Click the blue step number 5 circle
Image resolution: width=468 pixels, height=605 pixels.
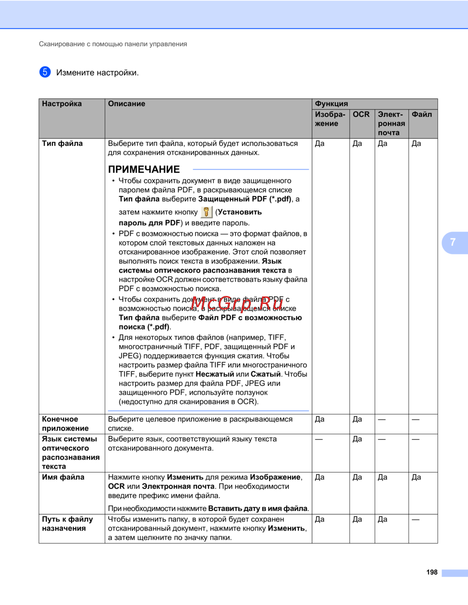pos(45,72)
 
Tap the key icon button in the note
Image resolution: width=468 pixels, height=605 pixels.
pos(206,212)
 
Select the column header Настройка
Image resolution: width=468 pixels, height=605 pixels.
pos(62,104)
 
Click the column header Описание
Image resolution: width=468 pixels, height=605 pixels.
pos(126,104)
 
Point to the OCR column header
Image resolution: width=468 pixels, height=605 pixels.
pos(361,115)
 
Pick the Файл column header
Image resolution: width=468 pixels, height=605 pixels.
pos(422,115)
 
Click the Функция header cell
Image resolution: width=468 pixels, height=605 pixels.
pos(331,104)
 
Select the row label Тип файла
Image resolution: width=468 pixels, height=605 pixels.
pos(62,144)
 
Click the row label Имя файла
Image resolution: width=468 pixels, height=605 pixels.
pos(63,477)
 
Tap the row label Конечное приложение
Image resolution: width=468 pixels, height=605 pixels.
pos(65,424)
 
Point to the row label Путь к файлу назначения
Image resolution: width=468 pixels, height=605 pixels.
pos(67,524)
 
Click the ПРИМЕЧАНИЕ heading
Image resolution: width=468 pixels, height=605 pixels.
pos(144,169)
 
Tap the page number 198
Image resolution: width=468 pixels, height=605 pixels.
pos(431,572)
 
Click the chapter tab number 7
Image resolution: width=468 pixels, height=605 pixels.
pos(453,242)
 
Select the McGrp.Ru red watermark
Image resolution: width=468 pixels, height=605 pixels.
pos(237,303)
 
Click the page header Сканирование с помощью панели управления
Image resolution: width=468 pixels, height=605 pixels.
pos(113,44)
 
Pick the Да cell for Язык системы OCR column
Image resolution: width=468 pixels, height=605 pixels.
pos(357,439)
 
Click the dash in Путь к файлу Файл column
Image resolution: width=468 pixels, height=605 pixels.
pos(416,519)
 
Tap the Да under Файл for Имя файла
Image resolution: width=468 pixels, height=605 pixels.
pos(416,477)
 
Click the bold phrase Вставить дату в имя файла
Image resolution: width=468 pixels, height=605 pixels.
pos(258,509)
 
